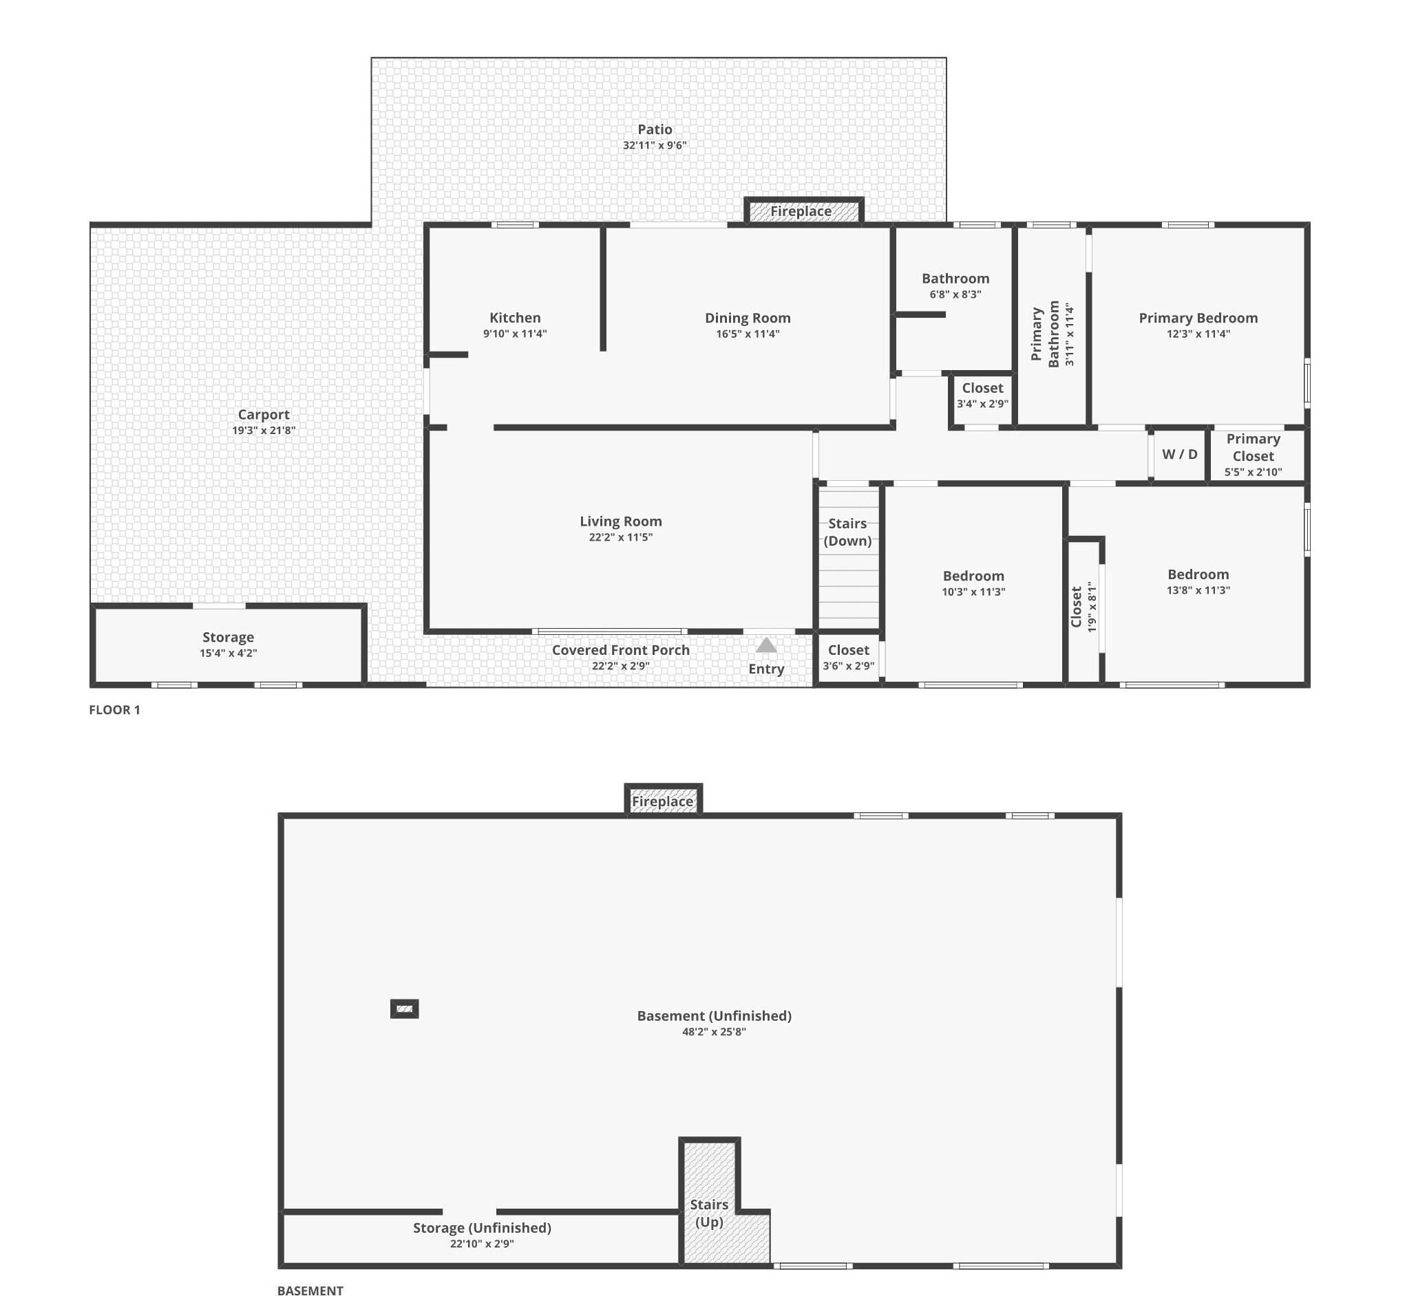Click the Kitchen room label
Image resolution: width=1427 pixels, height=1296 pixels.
[515, 318]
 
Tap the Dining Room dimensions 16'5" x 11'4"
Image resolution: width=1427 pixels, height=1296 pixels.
[748, 334]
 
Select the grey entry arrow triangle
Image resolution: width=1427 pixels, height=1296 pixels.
[766, 645]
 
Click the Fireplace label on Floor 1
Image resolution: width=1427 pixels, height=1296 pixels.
[801, 210]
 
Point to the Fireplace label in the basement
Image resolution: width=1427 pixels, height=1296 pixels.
[662, 801]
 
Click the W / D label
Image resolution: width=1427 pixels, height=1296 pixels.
[1179, 454]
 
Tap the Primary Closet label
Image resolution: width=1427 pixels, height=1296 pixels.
[1253, 447]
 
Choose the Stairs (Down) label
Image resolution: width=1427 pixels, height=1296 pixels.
[847, 532]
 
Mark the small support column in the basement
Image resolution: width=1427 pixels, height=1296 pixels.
[404, 1008]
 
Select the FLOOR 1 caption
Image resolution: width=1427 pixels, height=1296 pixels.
[115, 709]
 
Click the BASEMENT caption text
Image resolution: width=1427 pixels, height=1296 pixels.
[310, 1290]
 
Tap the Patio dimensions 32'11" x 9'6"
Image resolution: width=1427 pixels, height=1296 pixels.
[655, 146]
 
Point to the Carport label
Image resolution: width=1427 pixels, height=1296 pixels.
[264, 415]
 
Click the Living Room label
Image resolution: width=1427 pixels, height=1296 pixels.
[621, 521]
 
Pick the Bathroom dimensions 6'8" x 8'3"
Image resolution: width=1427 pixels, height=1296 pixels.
[955, 294]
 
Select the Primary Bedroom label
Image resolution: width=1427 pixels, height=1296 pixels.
[1198, 318]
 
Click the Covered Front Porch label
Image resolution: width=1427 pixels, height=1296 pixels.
[621, 650]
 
